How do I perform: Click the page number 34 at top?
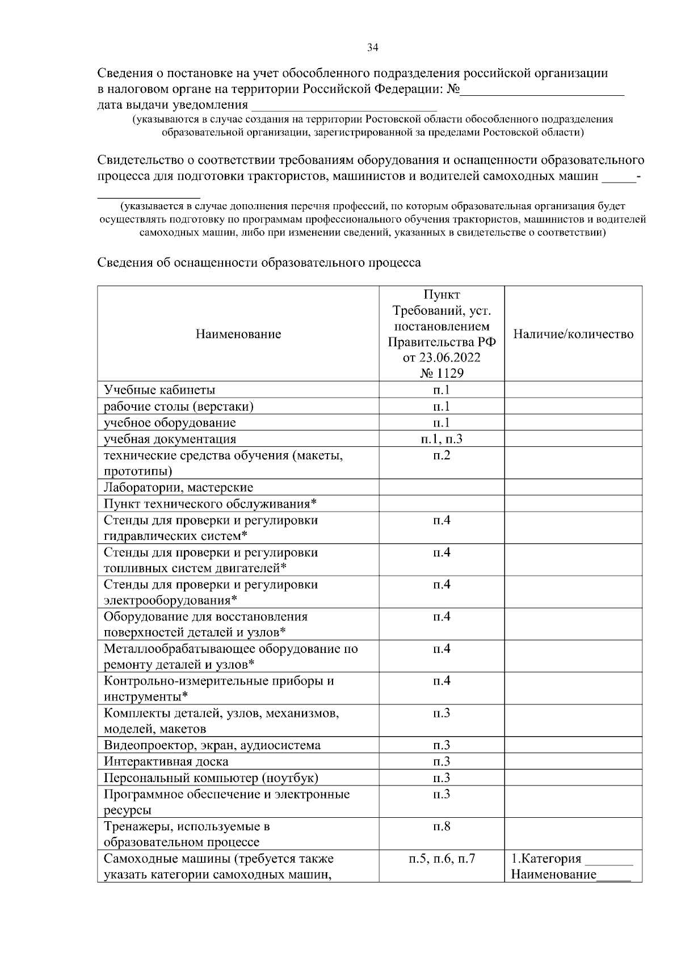[x=373, y=48]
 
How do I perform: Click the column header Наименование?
[x=238, y=334]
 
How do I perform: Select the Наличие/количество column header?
[x=573, y=334]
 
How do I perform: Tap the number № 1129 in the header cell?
[x=442, y=373]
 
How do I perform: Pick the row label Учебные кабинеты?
[x=159, y=390]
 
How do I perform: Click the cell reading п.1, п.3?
[x=442, y=439]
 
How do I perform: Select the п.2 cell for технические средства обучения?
[x=442, y=455]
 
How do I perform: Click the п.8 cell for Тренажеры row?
[x=442, y=826]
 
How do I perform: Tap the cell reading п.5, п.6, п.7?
[x=442, y=859]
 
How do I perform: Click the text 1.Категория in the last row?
[x=547, y=859]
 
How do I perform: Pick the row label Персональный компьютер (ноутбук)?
[x=211, y=778]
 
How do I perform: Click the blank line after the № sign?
[x=542, y=91]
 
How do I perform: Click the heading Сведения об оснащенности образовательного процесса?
[x=259, y=263]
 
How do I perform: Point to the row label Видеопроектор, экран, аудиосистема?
[x=212, y=745]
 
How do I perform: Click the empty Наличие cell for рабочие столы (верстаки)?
[x=573, y=407]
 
